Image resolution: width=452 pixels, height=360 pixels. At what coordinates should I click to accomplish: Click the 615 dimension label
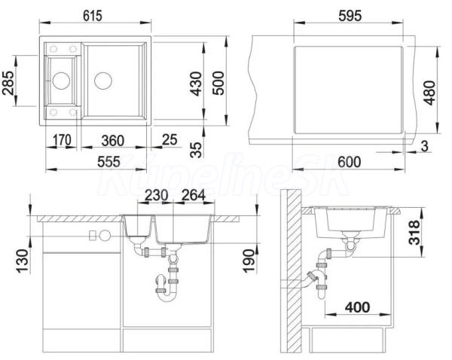tap(93, 16)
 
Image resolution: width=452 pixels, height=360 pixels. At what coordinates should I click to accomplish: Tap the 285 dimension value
tap(8, 83)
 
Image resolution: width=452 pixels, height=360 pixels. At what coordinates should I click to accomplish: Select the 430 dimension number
tap(196, 84)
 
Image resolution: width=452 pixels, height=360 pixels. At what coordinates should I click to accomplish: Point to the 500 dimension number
tap(218, 83)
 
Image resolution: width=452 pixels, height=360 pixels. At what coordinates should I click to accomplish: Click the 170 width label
tap(62, 140)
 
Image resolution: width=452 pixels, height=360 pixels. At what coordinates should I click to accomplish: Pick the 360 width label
tap(113, 141)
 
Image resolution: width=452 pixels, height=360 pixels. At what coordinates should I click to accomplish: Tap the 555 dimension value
tap(108, 162)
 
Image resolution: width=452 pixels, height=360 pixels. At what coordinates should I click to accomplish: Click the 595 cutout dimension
tap(350, 16)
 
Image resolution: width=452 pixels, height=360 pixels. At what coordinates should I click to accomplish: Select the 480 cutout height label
tap(430, 93)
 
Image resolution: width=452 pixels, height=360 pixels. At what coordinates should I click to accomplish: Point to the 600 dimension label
tap(349, 162)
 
